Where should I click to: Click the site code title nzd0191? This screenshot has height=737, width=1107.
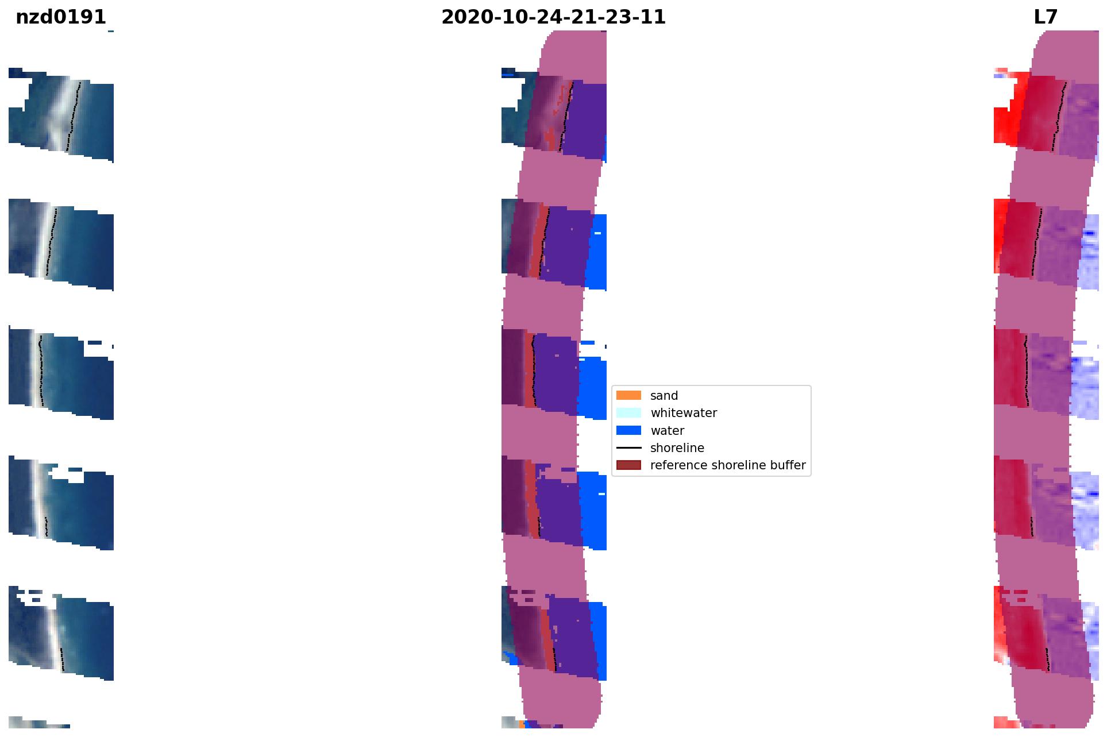[x=61, y=17]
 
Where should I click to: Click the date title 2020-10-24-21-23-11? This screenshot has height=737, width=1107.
[x=553, y=17]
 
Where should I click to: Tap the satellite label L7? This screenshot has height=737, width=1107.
[x=1046, y=17]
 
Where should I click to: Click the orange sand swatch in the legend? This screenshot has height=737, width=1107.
[x=628, y=395]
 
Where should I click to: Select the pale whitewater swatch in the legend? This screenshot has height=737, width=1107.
[x=628, y=412]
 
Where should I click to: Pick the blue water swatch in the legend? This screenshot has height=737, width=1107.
[x=628, y=430]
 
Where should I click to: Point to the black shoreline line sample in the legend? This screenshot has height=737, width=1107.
[x=628, y=447]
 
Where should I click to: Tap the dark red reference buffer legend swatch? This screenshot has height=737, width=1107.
[x=628, y=465]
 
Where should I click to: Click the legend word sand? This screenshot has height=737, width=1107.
[x=664, y=396]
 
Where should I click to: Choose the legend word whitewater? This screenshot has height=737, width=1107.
[x=684, y=413]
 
